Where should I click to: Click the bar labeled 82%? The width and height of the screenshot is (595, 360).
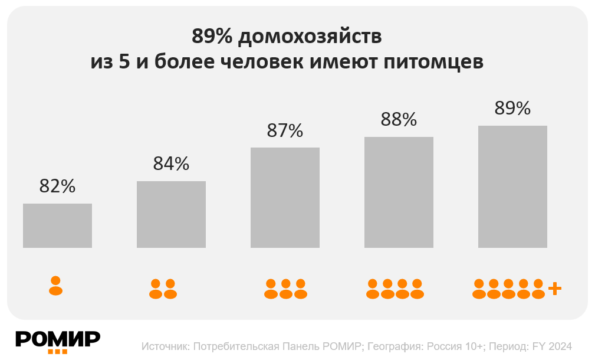tap(57, 225)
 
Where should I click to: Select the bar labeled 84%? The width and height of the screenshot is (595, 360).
tap(171, 214)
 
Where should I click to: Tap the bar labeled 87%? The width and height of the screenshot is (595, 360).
tap(285, 197)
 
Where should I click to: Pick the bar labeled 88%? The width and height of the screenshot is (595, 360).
tap(399, 192)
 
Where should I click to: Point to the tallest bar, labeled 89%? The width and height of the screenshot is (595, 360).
tap(512, 186)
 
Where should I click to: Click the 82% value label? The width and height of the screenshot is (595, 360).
tap(57, 186)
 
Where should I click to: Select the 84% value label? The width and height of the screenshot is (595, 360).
tap(171, 163)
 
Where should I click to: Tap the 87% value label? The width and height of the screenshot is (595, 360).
tap(285, 130)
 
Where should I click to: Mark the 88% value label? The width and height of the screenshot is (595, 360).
tap(399, 120)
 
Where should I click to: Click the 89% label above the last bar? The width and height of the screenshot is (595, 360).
tap(512, 109)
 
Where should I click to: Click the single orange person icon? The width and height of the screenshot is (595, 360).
tap(55, 286)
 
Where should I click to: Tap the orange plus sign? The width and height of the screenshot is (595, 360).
tap(554, 289)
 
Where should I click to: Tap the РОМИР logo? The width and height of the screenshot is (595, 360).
tap(58, 341)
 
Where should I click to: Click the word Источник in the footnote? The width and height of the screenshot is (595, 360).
tap(165, 346)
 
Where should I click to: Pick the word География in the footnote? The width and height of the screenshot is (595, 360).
tap(393, 346)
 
